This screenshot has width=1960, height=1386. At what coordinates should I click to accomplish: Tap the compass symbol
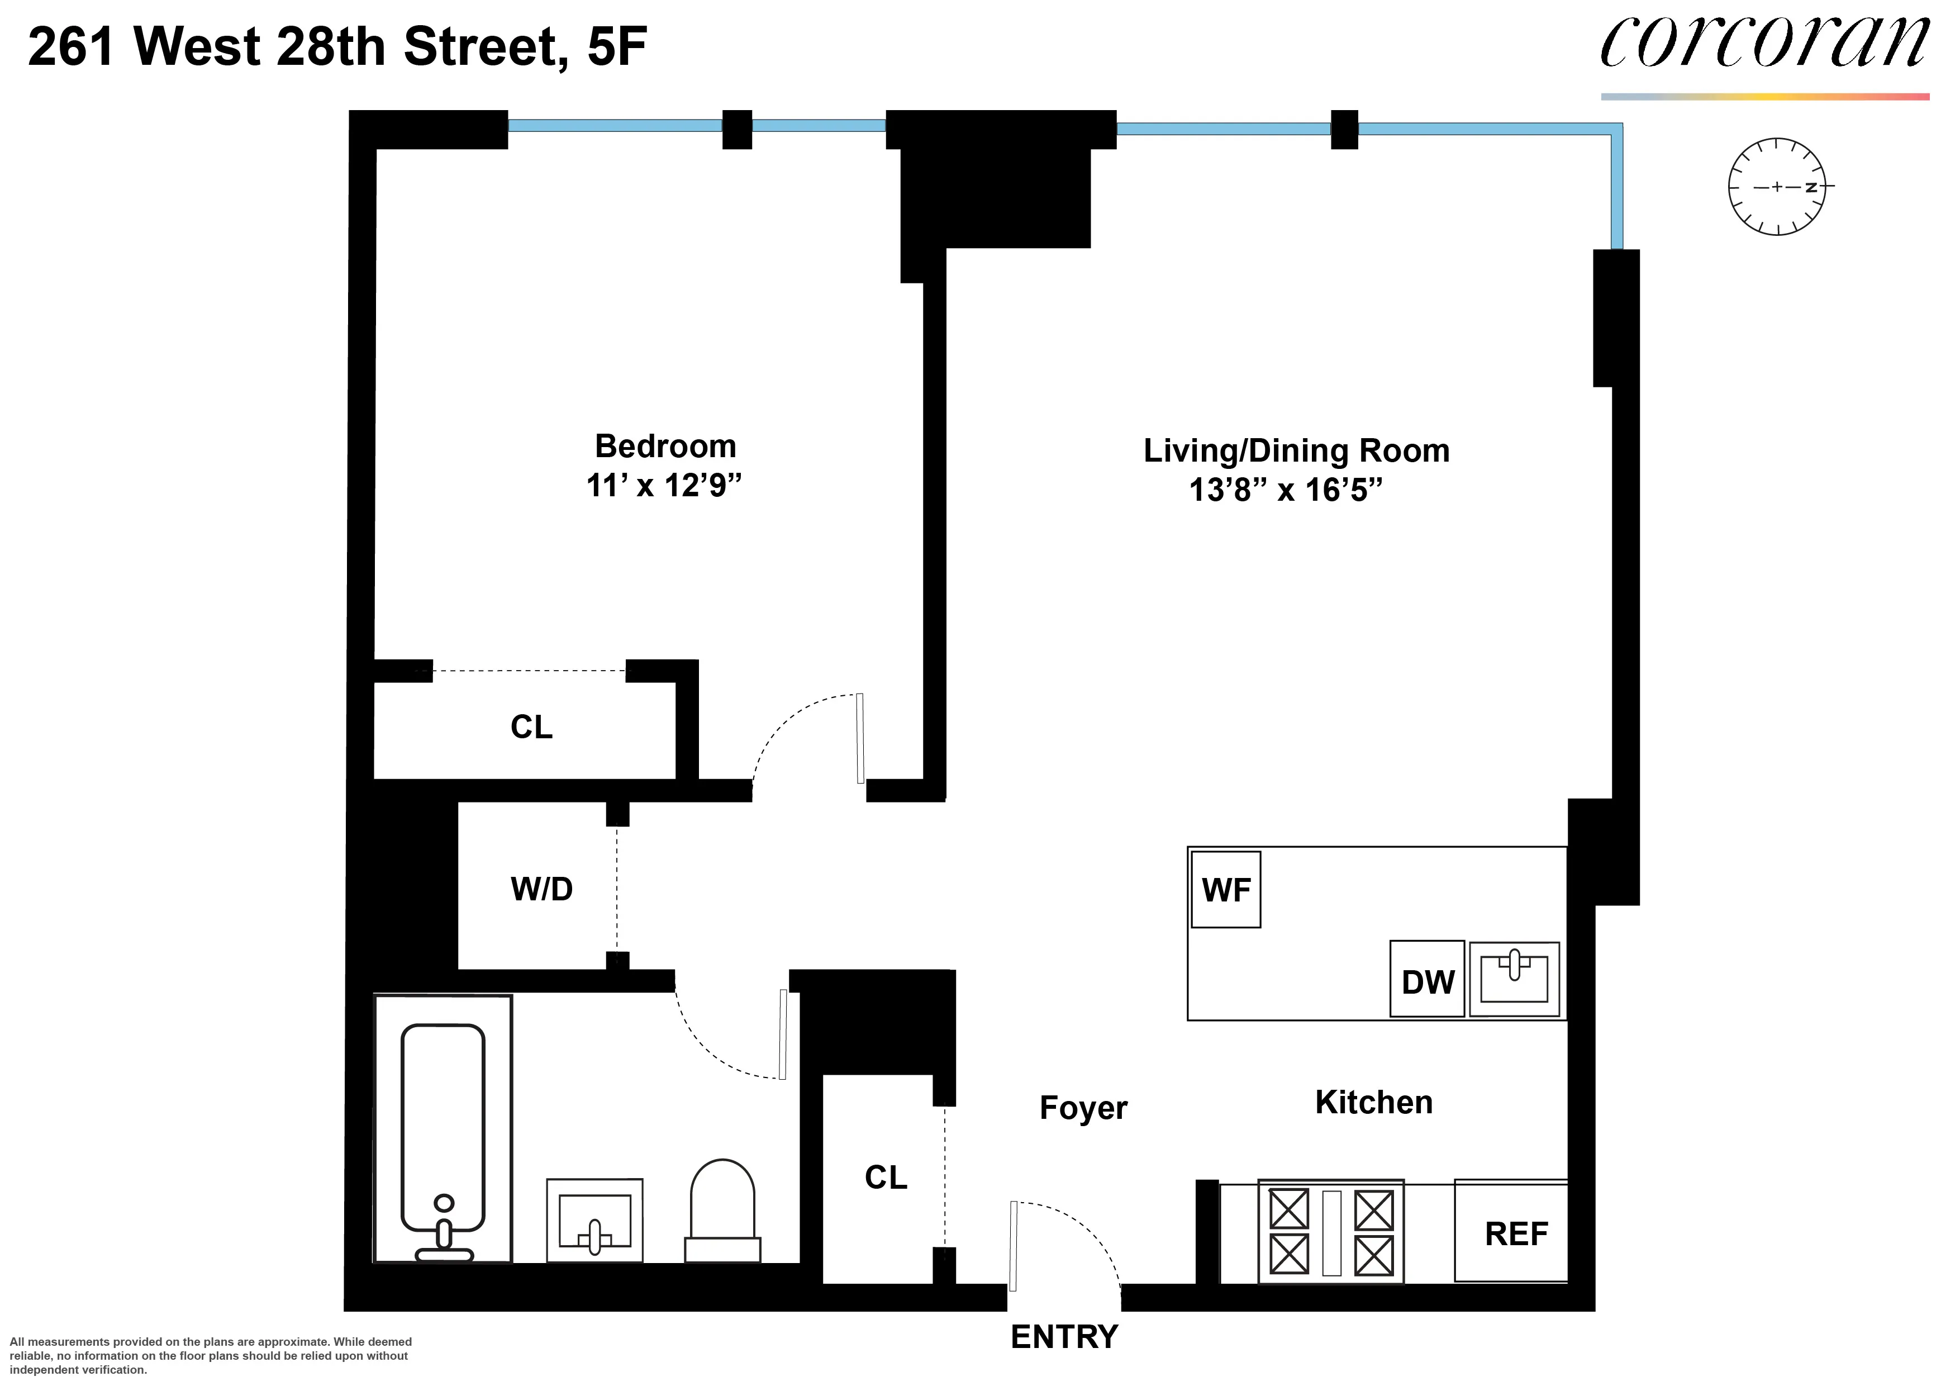(1776, 186)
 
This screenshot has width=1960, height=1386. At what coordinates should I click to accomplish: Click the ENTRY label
(1064, 1336)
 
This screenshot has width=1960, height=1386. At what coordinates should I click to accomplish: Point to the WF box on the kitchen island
(1226, 890)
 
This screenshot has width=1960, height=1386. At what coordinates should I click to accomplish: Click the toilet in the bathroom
(722, 1211)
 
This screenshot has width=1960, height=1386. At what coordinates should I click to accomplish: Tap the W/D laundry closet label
(541, 889)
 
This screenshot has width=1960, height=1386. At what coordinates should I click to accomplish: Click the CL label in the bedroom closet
(531, 727)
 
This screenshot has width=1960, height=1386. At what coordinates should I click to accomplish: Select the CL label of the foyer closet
(885, 1177)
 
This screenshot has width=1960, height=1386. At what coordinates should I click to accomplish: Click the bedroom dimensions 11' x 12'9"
(663, 486)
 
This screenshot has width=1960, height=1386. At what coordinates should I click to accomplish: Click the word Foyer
(1082, 1108)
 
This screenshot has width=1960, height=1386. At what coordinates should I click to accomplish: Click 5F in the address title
(616, 47)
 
